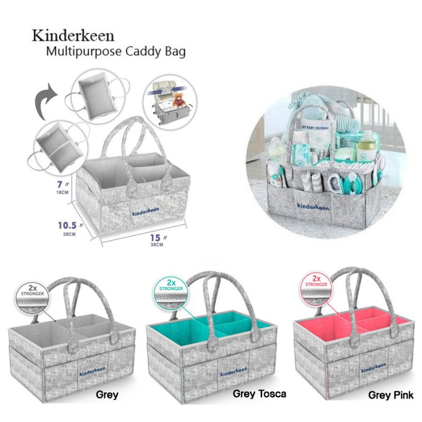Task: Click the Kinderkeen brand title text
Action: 73,36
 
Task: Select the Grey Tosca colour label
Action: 259,394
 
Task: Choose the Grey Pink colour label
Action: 391,395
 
